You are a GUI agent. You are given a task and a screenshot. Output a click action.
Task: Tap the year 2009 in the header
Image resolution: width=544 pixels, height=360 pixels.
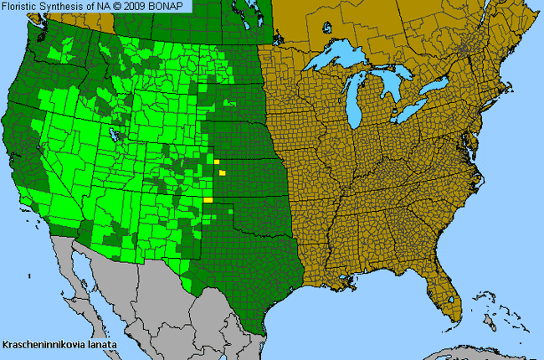click(x=145, y=7)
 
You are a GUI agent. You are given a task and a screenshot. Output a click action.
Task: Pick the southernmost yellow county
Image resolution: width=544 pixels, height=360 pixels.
click(x=208, y=200)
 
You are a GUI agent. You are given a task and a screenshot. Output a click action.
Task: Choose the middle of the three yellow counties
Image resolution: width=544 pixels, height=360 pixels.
click(x=223, y=173)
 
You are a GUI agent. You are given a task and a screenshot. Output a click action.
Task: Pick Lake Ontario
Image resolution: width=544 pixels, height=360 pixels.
click(x=436, y=86)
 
